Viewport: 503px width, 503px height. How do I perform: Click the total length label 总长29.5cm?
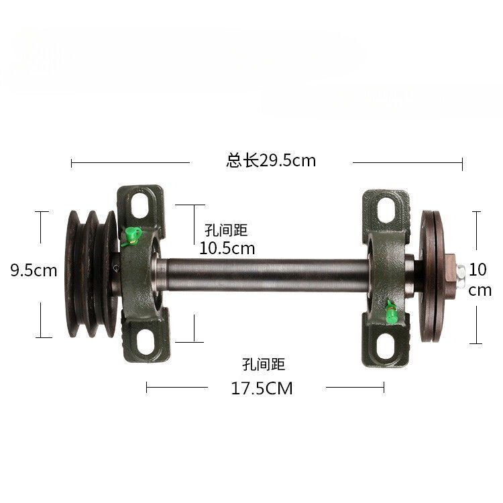(x=271, y=160)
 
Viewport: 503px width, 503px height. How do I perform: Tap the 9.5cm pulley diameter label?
(x=34, y=270)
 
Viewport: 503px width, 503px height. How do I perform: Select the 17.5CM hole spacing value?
(x=262, y=388)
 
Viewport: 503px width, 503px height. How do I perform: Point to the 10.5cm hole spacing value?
(x=227, y=248)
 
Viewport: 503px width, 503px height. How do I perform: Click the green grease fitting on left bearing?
(x=132, y=236)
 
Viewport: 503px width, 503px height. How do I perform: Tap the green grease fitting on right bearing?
(x=391, y=312)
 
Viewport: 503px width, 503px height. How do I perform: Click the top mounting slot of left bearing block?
(x=140, y=205)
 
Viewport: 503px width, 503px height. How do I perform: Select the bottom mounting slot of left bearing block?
(x=146, y=342)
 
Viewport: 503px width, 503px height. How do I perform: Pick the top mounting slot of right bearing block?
(x=386, y=210)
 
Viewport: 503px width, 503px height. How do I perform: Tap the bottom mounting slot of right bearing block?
(x=385, y=347)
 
